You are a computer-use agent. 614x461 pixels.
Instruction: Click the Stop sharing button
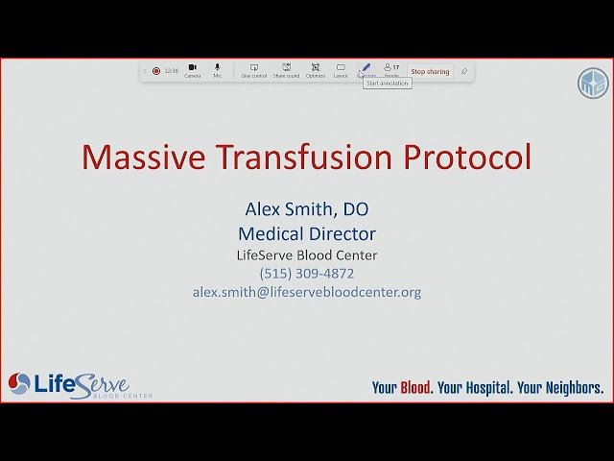click(x=430, y=71)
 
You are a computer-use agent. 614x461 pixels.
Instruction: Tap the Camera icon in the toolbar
click(x=193, y=68)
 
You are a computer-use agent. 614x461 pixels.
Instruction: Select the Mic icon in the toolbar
click(x=218, y=68)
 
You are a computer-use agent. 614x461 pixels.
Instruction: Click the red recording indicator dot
click(x=156, y=71)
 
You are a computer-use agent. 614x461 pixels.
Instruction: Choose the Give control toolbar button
click(x=254, y=68)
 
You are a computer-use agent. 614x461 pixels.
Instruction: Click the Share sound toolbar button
click(x=286, y=68)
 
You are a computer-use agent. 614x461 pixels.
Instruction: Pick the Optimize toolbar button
click(x=316, y=68)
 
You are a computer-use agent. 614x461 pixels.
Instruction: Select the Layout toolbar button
click(x=341, y=68)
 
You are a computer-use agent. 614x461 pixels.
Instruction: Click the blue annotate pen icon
click(x=366, y=68)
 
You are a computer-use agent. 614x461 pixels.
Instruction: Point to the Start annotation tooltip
click(x=388, y=84)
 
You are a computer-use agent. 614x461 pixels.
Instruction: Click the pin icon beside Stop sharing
click(x=464, y=71)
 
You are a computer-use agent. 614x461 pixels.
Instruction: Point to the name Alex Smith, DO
click(x=306, y=208)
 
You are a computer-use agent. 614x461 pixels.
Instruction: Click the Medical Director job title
click(x=306, y=233)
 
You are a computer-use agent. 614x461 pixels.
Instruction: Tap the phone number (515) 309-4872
click(x=306, y=274)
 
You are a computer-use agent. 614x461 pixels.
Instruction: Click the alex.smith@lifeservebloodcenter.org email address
click(x=306, y=292)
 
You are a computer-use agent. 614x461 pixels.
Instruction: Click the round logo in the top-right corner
click(x=592, y=84)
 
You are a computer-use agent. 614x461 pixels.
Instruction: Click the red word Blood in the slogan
click(x=415, y=388)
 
